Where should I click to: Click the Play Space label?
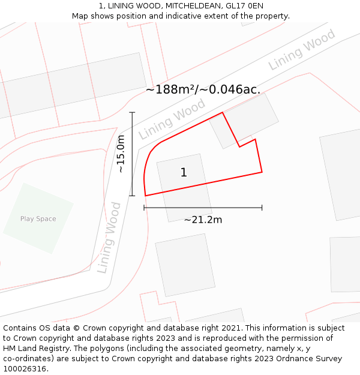tap(38, 219)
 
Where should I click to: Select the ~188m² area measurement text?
tap(203, 89)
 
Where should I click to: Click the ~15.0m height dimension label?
tap(121, 154)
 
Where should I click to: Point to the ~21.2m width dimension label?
tap(203, 220)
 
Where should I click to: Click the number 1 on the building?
tap(184, 173)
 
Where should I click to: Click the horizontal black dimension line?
tap(203, 208)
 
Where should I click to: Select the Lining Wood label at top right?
tap(302, 50)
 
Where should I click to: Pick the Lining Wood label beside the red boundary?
tap(172, 119)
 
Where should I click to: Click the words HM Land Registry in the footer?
tap(33, 349)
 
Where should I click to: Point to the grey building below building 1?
tap(185, 264)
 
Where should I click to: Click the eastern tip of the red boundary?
tap(262, 172)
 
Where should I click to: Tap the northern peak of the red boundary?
tap(223, 112)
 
